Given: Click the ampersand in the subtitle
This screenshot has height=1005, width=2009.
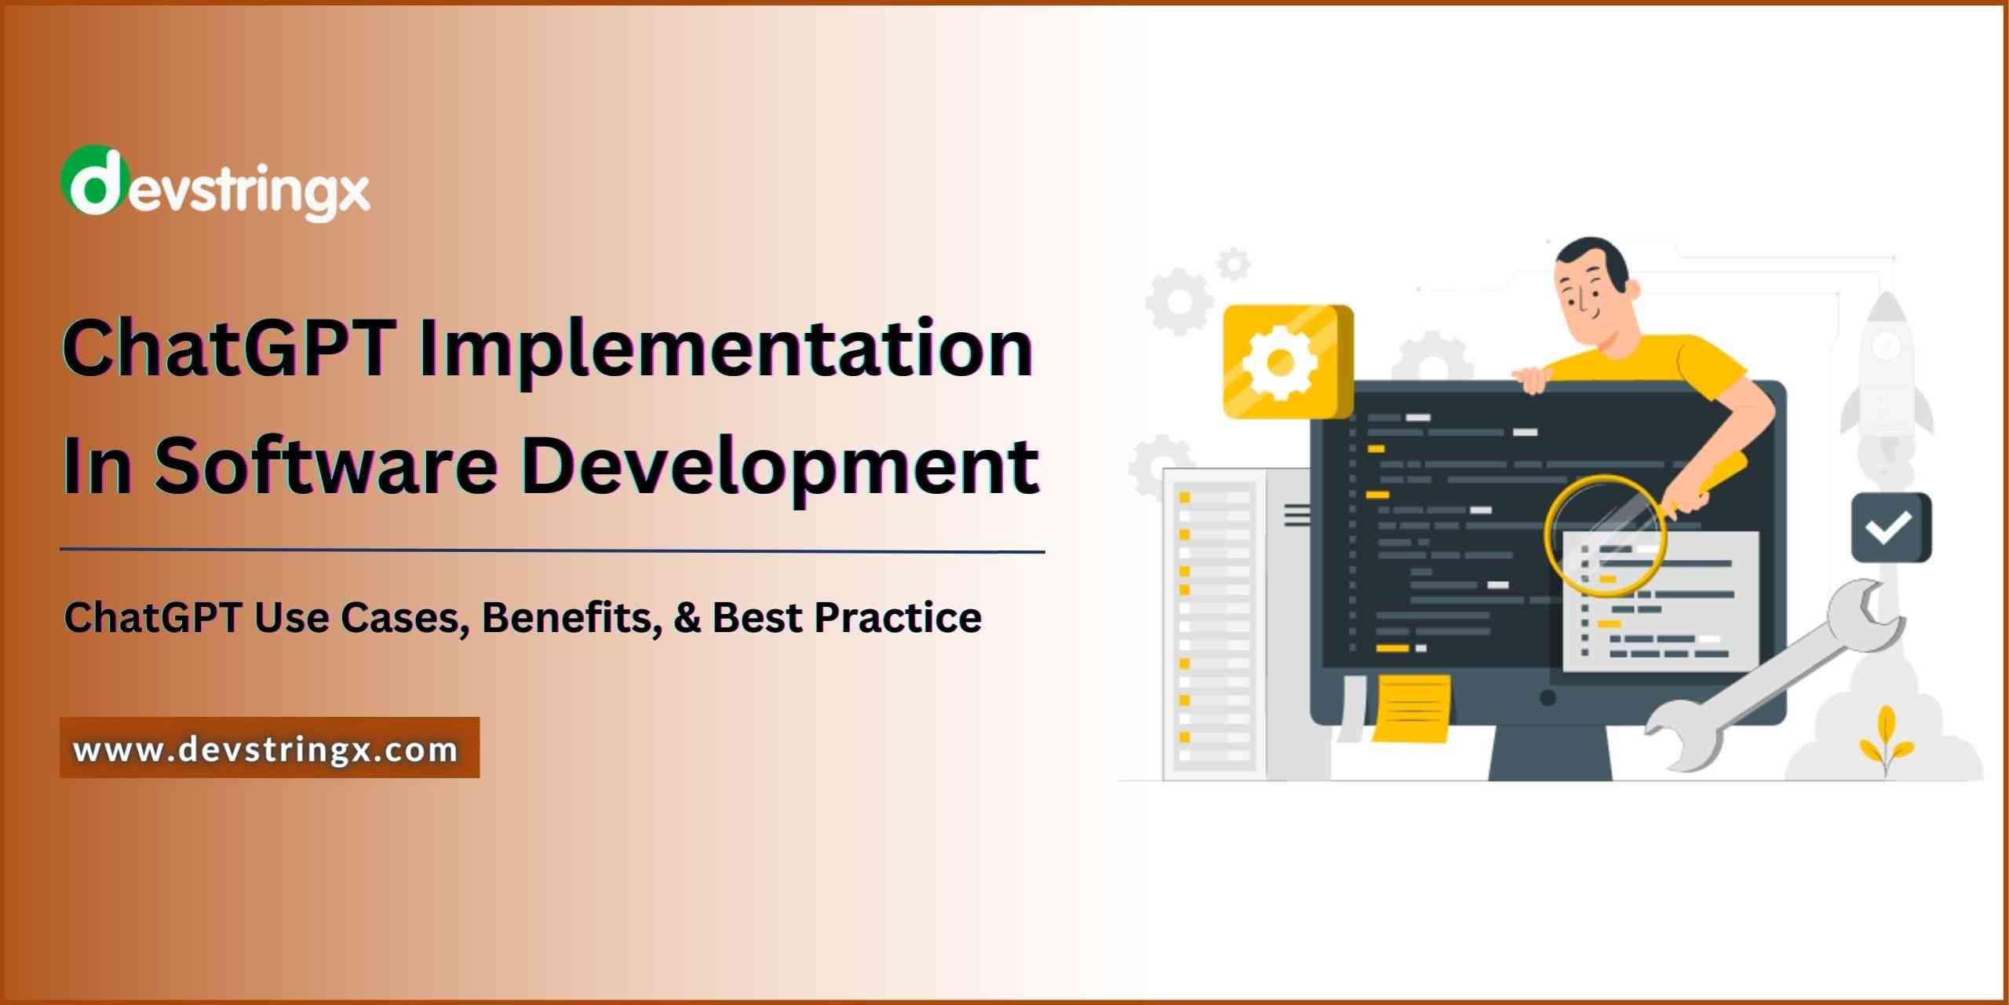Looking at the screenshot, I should pos(687,617).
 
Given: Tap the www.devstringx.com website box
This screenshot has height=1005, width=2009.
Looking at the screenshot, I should pos(269,748).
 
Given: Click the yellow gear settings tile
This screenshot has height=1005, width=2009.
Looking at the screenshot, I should pos(1287,362).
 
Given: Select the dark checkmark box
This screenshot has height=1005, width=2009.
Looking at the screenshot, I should pos(1891,528).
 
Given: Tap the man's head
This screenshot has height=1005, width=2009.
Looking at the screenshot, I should pos(1593,283).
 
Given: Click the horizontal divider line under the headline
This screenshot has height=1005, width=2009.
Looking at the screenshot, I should pos(552,551).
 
